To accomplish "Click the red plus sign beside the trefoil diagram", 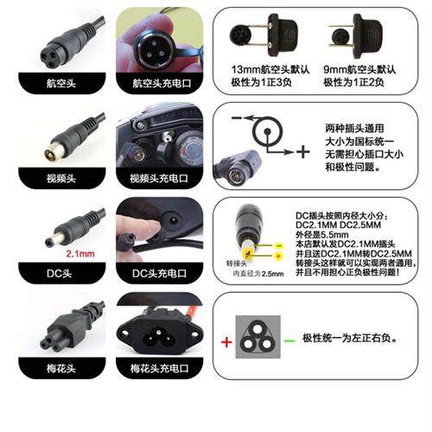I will tap(226, 341).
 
